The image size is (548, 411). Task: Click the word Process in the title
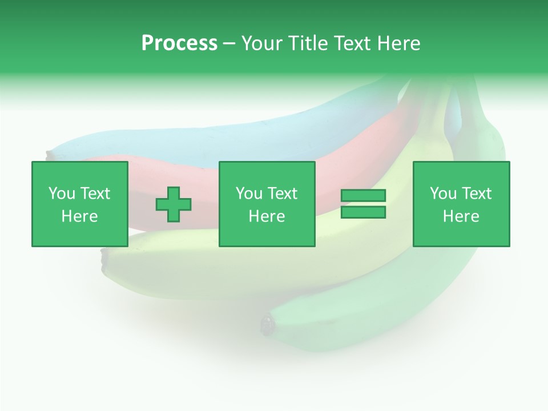tap(179, 43)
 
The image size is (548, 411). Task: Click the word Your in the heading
tap(263, 43)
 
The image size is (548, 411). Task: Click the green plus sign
tap(174, 204)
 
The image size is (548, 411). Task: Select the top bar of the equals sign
tap(363, 195)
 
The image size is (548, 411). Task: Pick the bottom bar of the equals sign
tap(363, 212)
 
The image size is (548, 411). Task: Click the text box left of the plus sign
tap(80, 204)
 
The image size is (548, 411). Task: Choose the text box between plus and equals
tap(267, 204)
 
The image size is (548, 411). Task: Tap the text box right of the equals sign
tap(461, 204)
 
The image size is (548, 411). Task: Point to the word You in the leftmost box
tap(62, 194)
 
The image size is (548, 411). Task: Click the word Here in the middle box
tap(267, 216)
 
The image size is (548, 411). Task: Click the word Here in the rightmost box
tap(461, 216)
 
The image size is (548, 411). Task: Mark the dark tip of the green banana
tap(267, 325)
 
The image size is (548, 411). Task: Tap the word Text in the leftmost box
tap(94, 194)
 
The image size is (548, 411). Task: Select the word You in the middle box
tap(249, 194)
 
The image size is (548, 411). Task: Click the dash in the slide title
tap(229, 44)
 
